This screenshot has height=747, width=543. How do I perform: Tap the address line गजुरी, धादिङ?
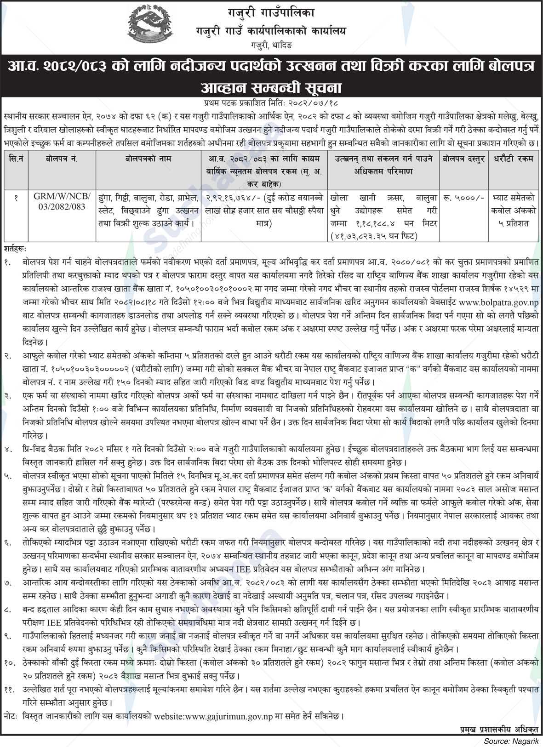271,46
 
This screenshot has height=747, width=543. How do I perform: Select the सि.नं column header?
15,159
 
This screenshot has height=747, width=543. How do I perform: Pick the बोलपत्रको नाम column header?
149,159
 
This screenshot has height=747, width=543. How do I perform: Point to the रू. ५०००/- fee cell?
463,198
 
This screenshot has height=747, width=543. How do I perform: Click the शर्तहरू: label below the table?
15,248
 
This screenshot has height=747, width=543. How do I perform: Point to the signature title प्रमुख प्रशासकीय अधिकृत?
498,730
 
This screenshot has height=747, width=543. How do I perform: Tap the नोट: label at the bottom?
10,716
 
